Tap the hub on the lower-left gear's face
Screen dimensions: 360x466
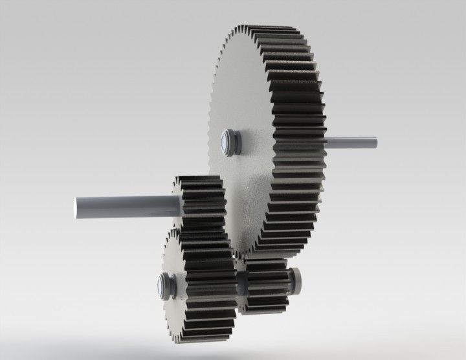click(x=163, y=285)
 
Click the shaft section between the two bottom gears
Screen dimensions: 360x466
click(x=240, y=282)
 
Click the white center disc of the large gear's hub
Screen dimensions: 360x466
click(x=226, y=142)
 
